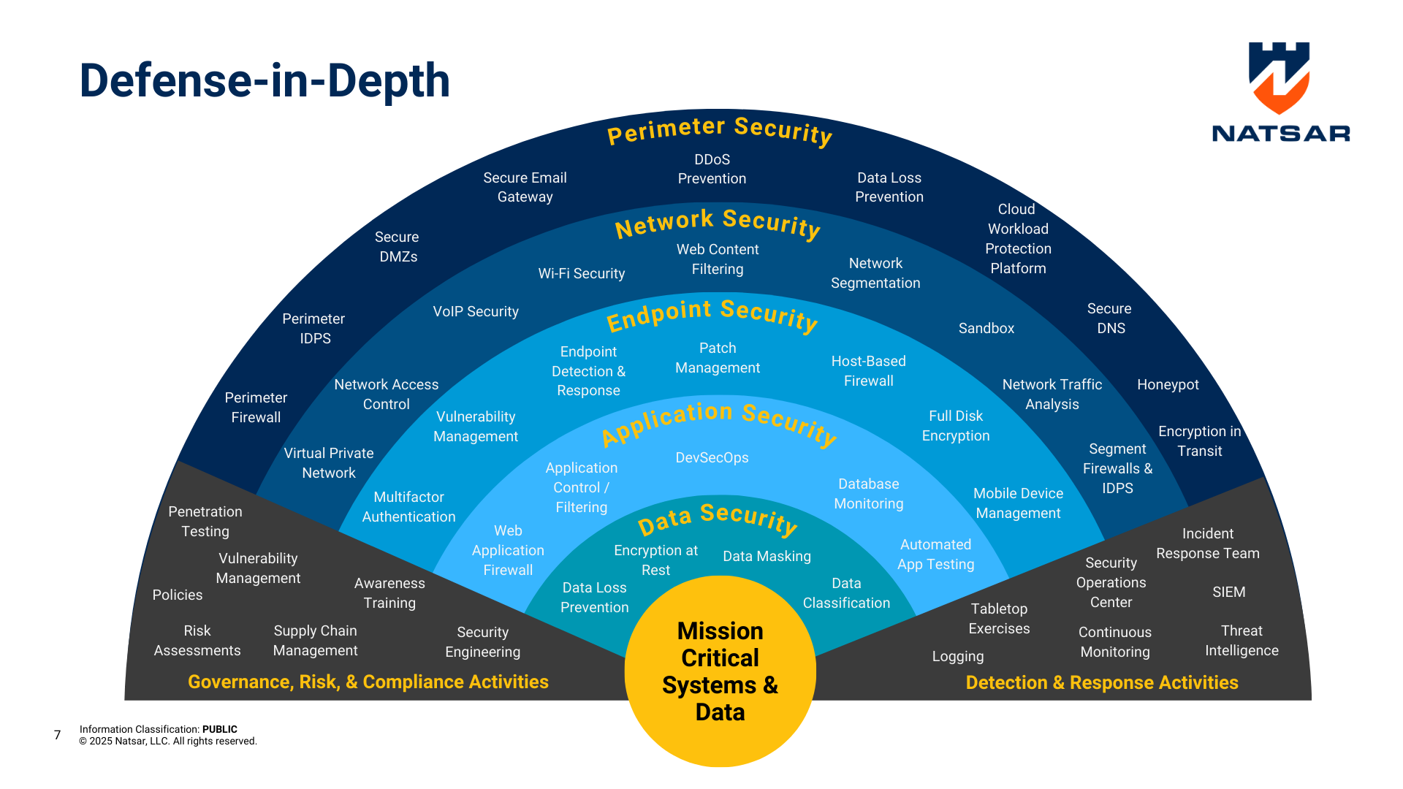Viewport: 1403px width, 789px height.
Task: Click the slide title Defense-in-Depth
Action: pos(265,80)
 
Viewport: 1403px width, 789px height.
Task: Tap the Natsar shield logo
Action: pos(1280,77)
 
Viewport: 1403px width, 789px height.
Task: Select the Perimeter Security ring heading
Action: pos(720,130)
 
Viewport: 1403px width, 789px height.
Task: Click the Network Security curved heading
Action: pos(718,223)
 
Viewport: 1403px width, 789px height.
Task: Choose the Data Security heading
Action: pos(718,518)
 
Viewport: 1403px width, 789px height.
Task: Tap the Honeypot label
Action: pos(1168,385)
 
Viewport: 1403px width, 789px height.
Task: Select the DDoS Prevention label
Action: pos(712,169)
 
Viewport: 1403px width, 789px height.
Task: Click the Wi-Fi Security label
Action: pos(581,273)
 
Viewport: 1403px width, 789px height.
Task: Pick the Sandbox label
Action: pos(986,328)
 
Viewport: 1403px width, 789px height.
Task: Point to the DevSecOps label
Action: pos(712,458)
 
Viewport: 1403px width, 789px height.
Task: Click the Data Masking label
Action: pos(767,556)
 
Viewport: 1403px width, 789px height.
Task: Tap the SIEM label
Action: pos(1228,592)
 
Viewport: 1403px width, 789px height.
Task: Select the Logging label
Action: pos(957,656)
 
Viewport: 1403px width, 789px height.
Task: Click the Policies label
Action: pos(177,595)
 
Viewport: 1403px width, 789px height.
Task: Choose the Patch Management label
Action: pos(717,358)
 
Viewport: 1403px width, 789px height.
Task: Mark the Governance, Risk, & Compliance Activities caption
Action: pos(368,682)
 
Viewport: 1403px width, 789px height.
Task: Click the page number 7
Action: pos(57,735)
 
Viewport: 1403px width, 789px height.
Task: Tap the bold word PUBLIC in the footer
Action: pos(219,729)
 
